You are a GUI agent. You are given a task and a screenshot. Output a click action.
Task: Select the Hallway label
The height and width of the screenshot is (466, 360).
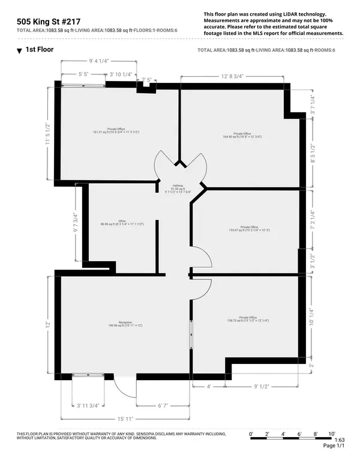point(178,189)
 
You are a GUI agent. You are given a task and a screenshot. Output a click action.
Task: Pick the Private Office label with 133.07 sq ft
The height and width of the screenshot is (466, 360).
point(248,228)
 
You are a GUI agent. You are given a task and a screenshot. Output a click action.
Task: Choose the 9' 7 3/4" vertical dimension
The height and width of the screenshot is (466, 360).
point(75,223)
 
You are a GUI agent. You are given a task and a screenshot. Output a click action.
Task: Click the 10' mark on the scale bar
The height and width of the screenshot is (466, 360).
point(331,432)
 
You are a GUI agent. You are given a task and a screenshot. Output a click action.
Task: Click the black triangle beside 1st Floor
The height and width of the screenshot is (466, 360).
point(19,52)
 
